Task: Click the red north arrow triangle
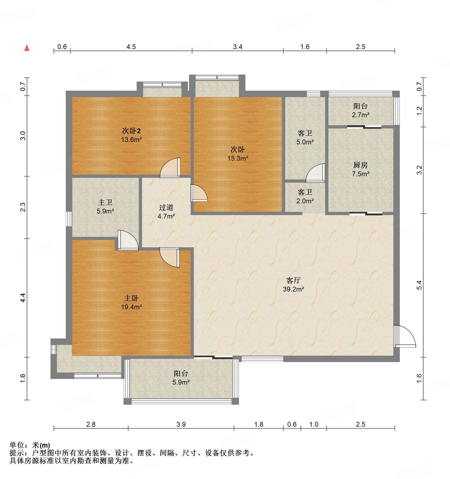click(27, 48)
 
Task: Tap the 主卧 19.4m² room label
click(131, 302)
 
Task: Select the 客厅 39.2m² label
click(293, 285)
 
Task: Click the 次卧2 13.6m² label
click(131, 135)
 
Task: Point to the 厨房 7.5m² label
click(360, 169)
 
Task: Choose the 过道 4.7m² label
click(166, 212)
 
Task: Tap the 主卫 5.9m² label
click(105, 207)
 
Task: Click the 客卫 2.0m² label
click(305, 196)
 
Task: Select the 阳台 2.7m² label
click(360, 110)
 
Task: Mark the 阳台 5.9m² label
click(181, 378)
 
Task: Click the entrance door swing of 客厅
click(404, 337)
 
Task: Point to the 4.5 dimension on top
click(131, 47)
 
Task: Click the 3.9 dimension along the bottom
click(181, 424)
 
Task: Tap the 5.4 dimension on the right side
click(419, 285)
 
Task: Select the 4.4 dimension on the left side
click(23, 298)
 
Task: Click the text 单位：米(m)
click(30, 445)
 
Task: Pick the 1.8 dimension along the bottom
click(259, 424)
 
